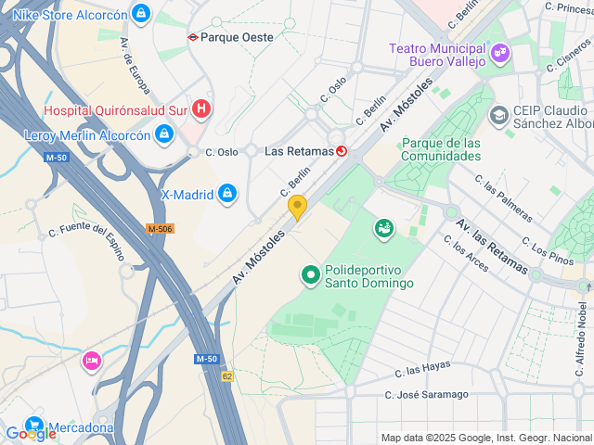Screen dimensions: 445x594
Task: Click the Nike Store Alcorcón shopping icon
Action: (140, 13)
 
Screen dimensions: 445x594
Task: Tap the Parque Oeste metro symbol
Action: (193, 38)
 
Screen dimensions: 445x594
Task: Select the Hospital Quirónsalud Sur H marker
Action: (201, 109)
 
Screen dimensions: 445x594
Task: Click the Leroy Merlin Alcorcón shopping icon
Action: (164, 134)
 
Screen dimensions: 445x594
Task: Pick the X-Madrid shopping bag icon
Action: (226, 195)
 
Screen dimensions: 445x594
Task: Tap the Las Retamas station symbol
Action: (342, 150)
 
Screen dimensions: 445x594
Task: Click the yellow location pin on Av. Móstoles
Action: (297, 207)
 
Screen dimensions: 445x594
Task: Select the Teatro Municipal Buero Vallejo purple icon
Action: (500, 53)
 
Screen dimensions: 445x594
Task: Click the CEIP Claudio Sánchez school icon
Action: (498, 115)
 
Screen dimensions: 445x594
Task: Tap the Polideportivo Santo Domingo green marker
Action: (311, 274)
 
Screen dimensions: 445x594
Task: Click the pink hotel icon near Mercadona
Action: (91, 360)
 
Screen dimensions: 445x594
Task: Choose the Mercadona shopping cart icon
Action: (34, 424)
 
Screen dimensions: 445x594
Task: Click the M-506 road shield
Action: (161, 228)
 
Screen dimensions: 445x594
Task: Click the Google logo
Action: (30, 434)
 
